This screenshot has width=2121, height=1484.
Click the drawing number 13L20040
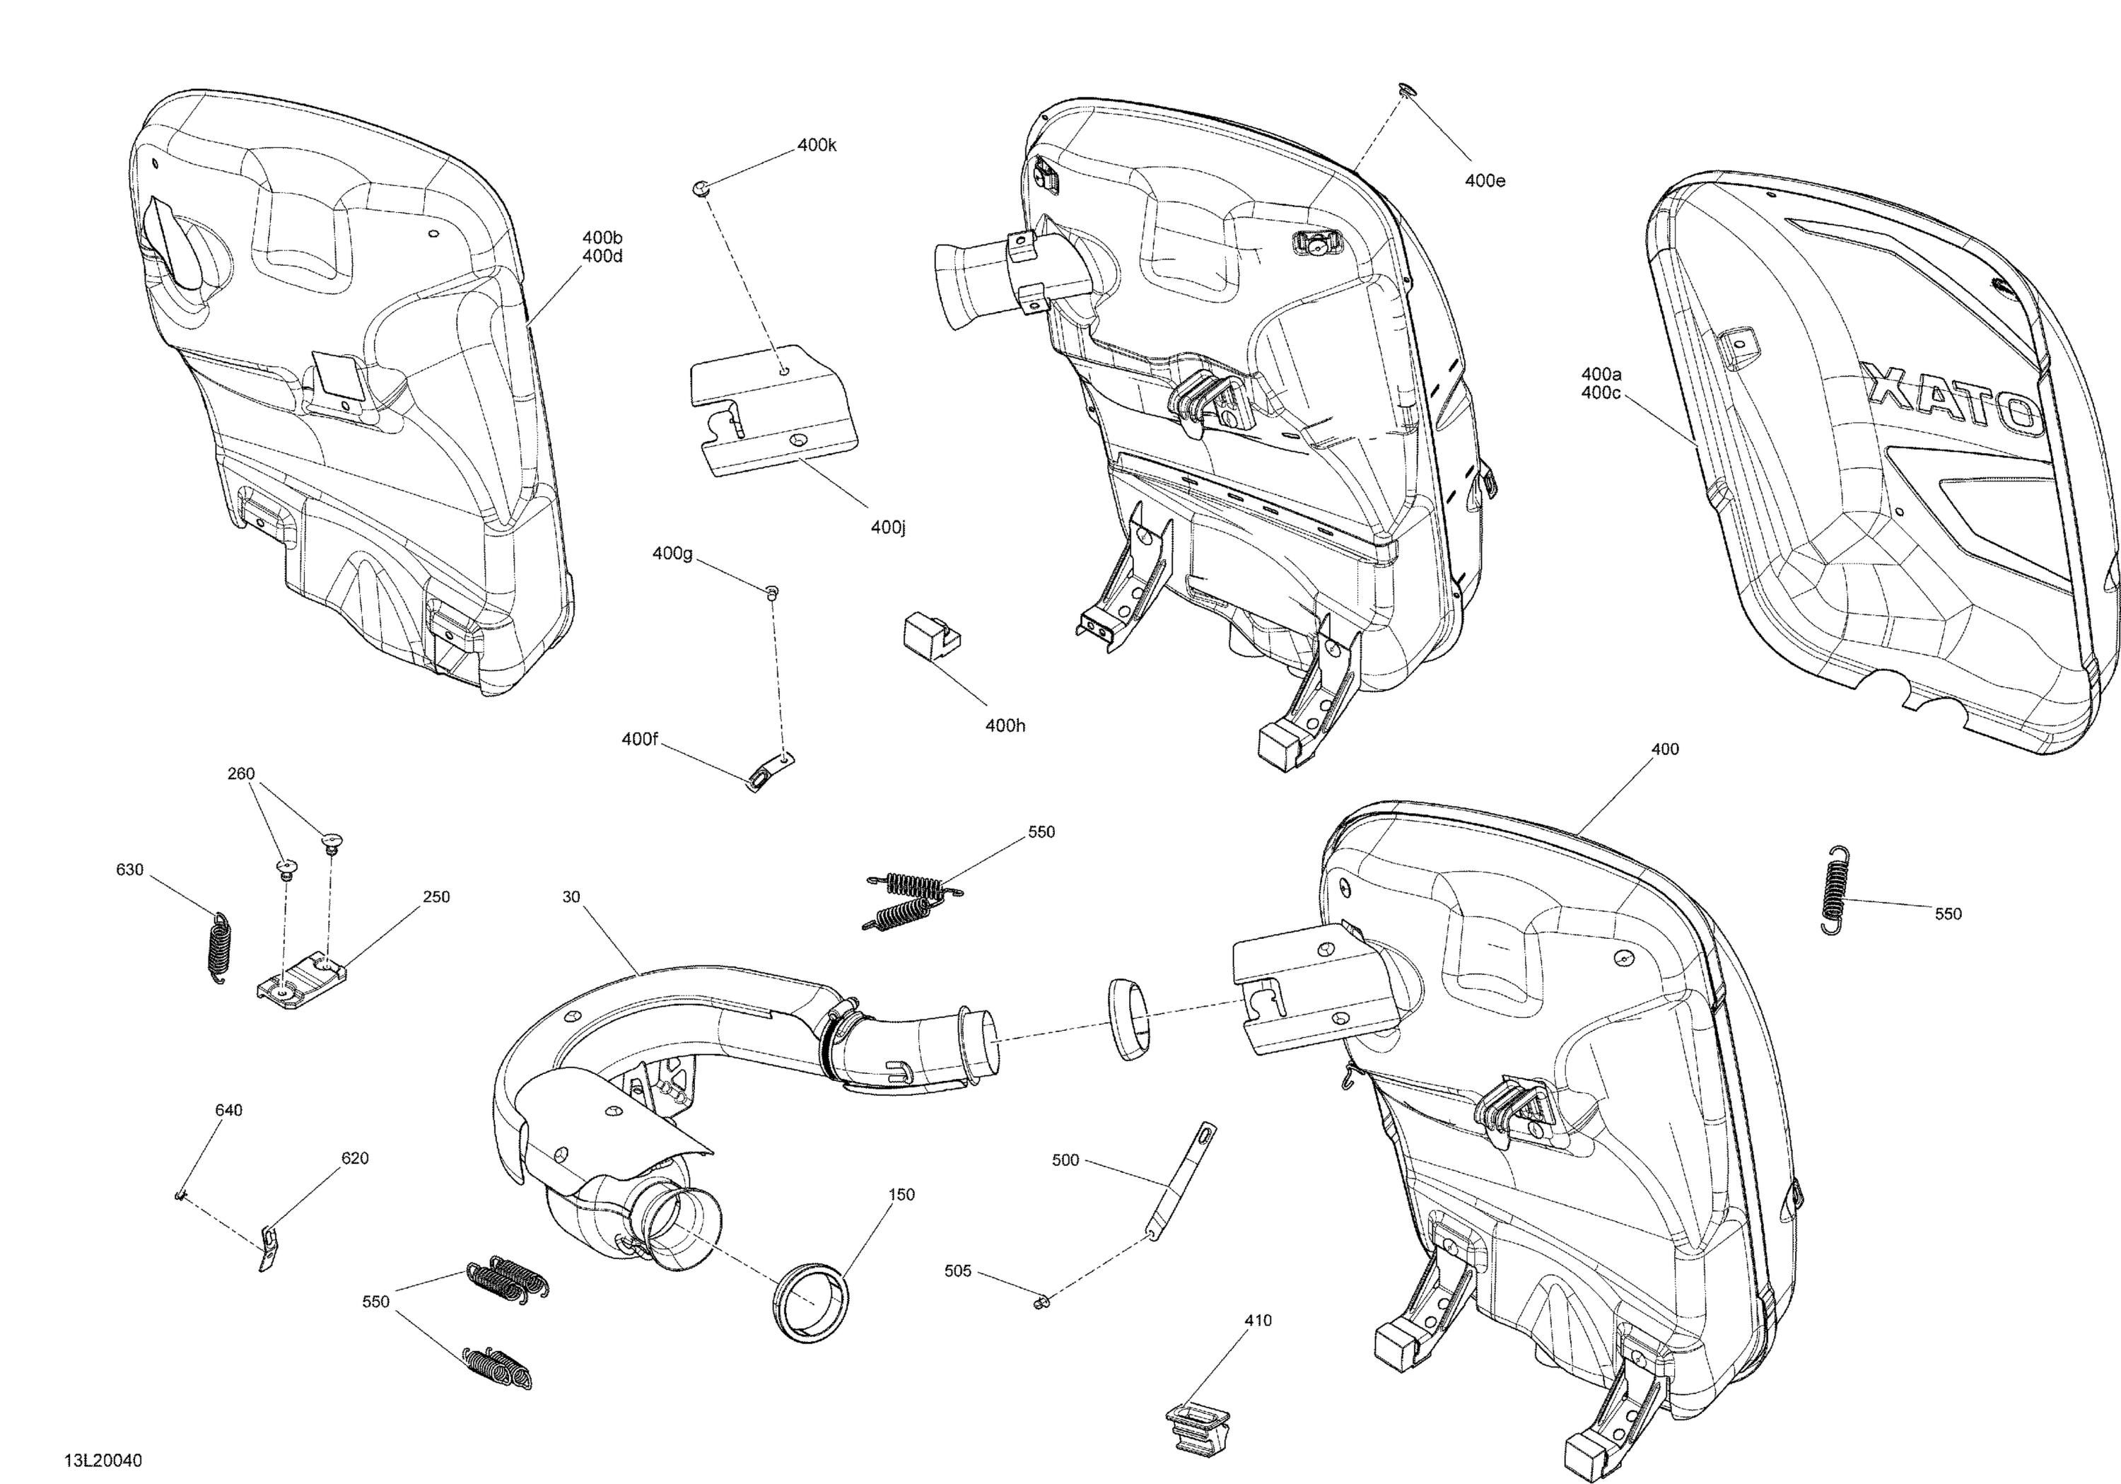pyautogui.click(x=103, y=1461)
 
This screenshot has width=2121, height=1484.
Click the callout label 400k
pyautogui.click(x=817, y=145)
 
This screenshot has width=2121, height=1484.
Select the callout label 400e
pyautogui.click(x=1485, y=181)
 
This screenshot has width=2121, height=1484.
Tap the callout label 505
pyautogui.click(x=958, y=1271)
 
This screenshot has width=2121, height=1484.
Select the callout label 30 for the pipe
pyautogui.click(x=571, y=897)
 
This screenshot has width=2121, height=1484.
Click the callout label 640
pyautogui.click(x=228, y=1110)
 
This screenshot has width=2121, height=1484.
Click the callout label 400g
pyautogui.click(x=672, y=554)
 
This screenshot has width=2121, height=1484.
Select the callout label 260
pyautogui.click(x=241, y=773)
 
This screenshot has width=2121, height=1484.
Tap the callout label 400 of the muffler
pyautogui.click(x=1665, y=749)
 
